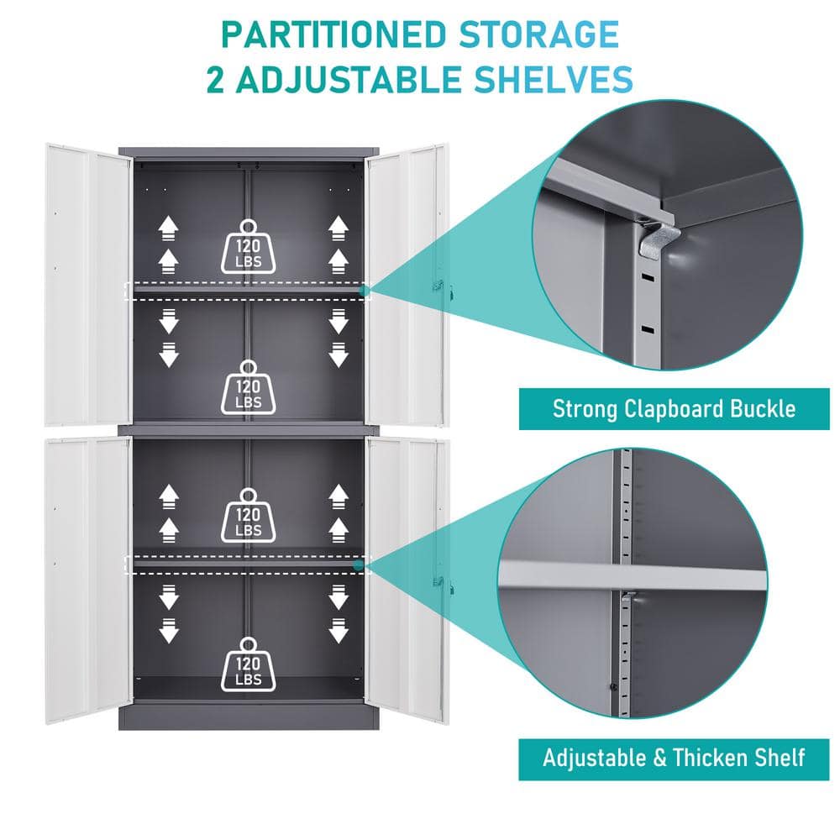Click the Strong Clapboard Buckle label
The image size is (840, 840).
673,409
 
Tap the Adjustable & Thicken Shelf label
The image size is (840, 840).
673,758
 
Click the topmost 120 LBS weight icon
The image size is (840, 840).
248,246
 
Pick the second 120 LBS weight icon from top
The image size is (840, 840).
248,386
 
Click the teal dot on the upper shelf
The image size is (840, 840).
363,291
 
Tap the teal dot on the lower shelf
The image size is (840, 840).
360,565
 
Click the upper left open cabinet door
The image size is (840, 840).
88,286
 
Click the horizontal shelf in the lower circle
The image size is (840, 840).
630,577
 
